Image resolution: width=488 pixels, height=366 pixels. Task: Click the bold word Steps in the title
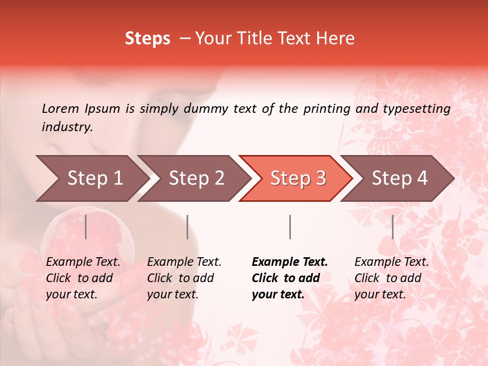click(147, 39)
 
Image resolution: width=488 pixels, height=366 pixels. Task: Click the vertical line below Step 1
click(86, 227)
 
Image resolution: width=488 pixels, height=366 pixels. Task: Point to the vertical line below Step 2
click(188, 227)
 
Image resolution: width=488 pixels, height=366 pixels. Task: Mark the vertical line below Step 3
click(290, 227)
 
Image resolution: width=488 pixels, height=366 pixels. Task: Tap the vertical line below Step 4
click(392, 227)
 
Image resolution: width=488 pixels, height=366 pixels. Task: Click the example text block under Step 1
click(83, 278)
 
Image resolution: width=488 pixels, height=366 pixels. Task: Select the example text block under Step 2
click(184, 278)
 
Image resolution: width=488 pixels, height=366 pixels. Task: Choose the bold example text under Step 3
click(290, 278)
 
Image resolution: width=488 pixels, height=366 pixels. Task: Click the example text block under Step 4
click(391, 278)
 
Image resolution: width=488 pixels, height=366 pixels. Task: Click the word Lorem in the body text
click(60, 108)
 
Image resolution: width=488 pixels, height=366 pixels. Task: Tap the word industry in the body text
click(67, 127)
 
